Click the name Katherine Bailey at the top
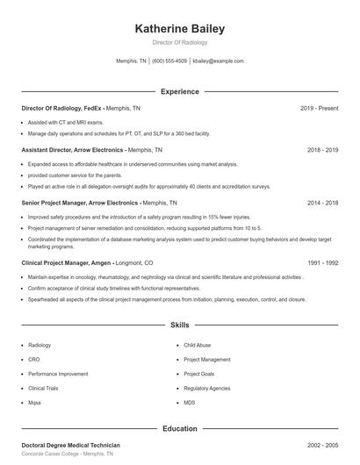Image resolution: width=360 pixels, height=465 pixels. click(x=180, y=29)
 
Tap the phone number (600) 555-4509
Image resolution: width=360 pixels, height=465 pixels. click(x=169, y=61)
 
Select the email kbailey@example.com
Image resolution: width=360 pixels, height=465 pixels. click(x=218, y=61)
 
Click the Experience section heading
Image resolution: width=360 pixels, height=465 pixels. click(x=180, y=91)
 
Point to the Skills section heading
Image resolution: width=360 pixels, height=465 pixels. click(x=180, y=325)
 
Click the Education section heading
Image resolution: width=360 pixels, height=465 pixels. click(x=180, y=429)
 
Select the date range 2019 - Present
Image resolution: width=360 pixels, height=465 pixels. click(x=319, y=108)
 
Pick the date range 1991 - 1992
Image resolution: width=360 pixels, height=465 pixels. click(x=322, y=262)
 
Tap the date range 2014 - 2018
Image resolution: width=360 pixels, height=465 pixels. click(x=322, y=202)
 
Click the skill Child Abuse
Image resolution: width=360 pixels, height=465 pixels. click(x=198, y=346)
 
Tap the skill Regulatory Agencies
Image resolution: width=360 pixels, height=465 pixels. click(x=207, y=388)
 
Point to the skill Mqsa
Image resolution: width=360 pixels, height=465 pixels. click(x=35, y=402)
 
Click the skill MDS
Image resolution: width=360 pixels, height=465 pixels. click(x=190, y=402)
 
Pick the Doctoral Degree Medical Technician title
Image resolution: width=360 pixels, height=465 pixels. click(x=70, y=446)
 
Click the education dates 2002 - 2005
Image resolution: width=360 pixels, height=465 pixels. click(x=322, y=446)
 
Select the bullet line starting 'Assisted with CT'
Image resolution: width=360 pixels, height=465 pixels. click(x=65, y=123)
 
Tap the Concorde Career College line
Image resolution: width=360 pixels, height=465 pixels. click(x=68, y=454)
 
